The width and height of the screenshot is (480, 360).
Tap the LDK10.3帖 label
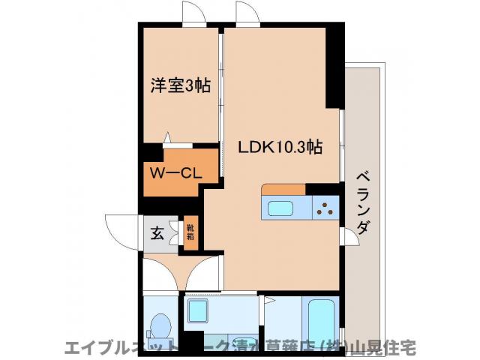point(280,148)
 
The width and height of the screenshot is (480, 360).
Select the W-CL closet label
point(174,172)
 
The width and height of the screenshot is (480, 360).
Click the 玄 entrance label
point(157,233)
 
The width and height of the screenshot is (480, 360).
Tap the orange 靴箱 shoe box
point(190,233)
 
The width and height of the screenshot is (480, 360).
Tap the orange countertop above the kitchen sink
point(284,189)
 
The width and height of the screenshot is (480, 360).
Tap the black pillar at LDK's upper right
point(334,67)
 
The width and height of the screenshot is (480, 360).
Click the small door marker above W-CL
point(168,139)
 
